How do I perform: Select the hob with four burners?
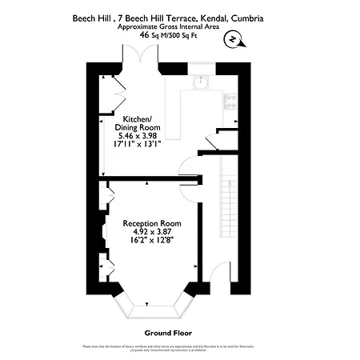click(230, 100)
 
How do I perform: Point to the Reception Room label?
click(151, 222)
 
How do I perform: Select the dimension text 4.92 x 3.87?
click(151, 231)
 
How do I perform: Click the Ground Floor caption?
click(168, 332)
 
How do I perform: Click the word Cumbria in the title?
click(246, 18)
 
